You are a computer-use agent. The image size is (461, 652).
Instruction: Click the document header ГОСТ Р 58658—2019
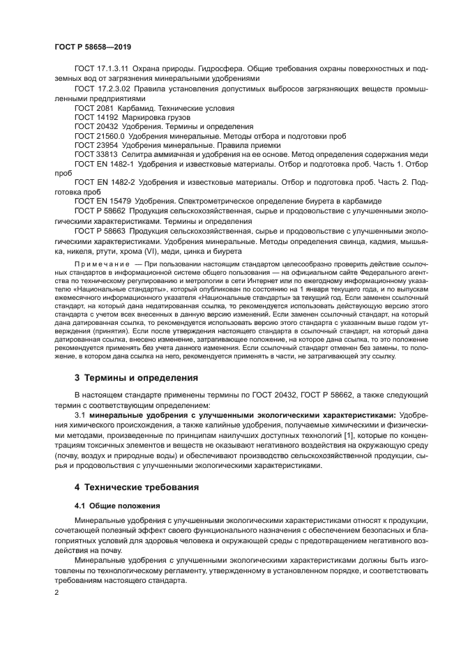tap(93, 46)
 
